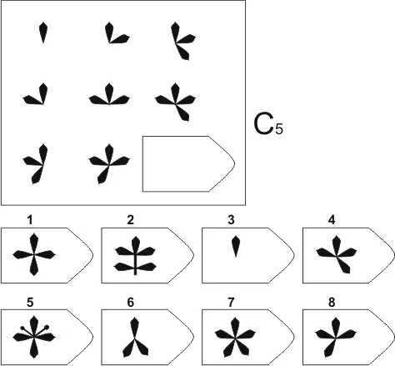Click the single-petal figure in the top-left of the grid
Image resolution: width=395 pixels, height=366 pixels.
click(42, 33)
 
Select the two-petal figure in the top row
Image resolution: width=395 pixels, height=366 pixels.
click(117, 33)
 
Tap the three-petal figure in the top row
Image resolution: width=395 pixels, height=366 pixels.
click(182, 41)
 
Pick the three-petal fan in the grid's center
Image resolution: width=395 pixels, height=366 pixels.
click(109, 95)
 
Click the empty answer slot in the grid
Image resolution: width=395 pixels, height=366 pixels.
click(188, 164)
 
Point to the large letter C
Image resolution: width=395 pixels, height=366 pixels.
click(263, 125)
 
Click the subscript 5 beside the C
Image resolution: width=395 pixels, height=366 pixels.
click(279, 129)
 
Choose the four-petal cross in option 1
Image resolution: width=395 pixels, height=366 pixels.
click(34, 254)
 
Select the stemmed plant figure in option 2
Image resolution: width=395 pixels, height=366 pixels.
click(135, 256)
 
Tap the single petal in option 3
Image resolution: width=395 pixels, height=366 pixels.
click(236, 246)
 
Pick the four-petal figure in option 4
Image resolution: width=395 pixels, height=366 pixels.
click(337, 254)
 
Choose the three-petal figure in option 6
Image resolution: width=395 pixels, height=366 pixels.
click(135, 338)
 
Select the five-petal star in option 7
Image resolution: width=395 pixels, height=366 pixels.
click(235, 338)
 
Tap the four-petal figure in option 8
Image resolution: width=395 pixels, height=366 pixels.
click(336, 338)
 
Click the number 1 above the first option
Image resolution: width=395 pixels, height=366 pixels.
click(30, 220)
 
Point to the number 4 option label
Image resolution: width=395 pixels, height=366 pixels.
click(332, 220)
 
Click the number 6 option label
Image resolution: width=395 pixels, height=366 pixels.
click(131, 302)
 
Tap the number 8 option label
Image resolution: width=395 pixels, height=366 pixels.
click(332, 302)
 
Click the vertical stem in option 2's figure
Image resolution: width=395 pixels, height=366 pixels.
click(135, 264)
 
